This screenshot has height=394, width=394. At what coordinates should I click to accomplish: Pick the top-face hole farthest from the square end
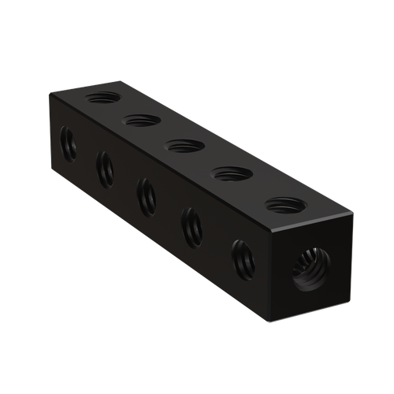(103, 98)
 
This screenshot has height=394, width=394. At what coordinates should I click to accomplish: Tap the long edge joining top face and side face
(162, 161)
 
